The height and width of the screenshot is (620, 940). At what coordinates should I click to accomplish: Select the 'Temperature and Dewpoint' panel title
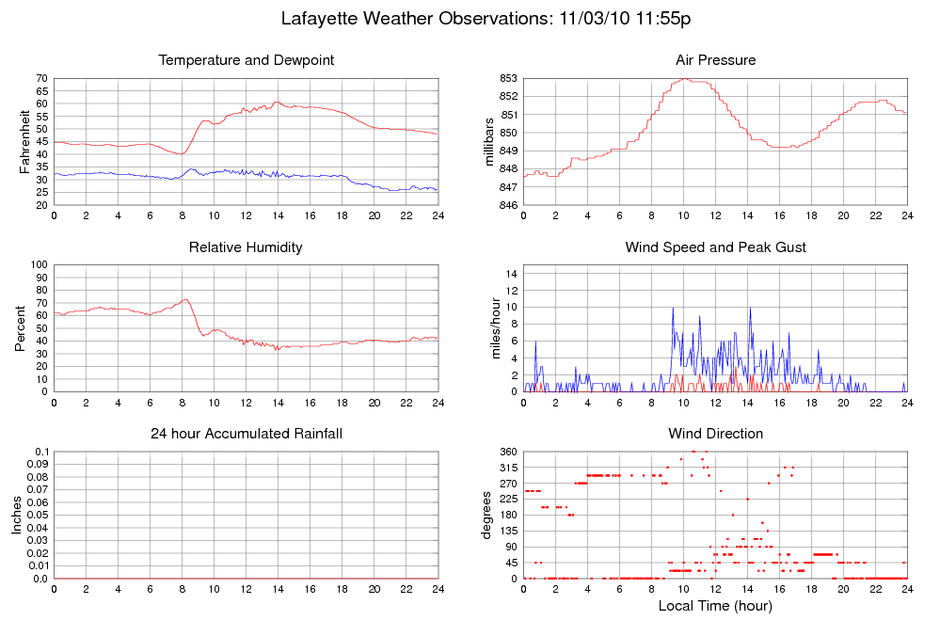point(247,60)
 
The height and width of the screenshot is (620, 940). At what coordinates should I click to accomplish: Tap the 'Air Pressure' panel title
point(715,60)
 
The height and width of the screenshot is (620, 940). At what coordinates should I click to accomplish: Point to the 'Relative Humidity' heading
point(247,247)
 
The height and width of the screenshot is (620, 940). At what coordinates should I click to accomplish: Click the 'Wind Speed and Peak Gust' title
point(715,247)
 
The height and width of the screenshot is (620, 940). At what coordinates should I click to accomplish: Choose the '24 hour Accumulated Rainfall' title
point(247,434)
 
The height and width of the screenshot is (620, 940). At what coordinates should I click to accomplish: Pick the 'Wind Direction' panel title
point(715,434)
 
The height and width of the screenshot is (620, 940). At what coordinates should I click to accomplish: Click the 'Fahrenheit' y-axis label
point(24,141)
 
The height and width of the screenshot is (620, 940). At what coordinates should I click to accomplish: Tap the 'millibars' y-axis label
point(489,141)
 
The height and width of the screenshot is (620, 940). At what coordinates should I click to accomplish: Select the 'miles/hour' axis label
point(489,328)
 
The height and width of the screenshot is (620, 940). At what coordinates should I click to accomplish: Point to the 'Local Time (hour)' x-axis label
point(715,605)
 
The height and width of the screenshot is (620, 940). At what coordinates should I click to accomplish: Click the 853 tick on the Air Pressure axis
point(505,78)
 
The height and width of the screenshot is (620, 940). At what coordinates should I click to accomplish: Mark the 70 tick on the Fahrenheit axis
point(40,78)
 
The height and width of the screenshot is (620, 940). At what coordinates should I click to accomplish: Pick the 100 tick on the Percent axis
point(38,264)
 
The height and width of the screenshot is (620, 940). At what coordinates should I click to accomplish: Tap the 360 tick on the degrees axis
point(506,452)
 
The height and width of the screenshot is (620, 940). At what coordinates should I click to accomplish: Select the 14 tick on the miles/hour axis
point(510,273)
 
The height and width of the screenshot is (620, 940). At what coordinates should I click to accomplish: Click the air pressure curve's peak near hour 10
point(684,79)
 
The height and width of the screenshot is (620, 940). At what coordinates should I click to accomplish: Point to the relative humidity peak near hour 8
point(185,299)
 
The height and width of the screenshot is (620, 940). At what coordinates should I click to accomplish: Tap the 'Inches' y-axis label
point(17,516)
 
